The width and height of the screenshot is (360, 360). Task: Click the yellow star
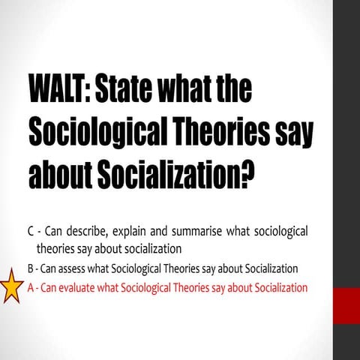tap(11, 286)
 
